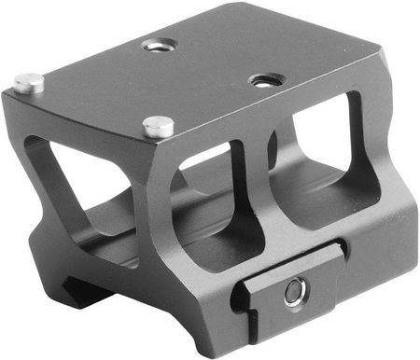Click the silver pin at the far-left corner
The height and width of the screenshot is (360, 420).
[x=29, y=83]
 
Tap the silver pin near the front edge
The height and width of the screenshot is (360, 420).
[x=159, y=125]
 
